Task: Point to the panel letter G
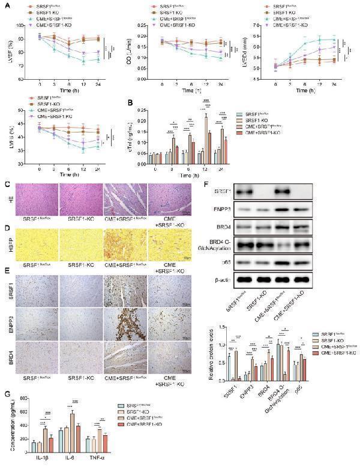pos(6,395)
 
